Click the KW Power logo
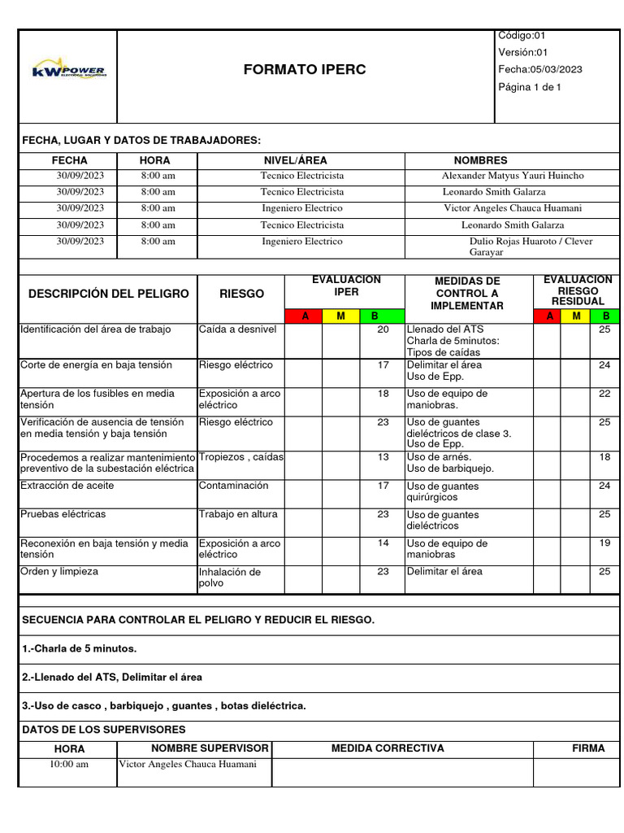pos(68,72)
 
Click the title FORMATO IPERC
pos(305,70)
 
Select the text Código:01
pos(522,36)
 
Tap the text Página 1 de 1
pos(530,87)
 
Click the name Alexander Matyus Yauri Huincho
pos(512,176)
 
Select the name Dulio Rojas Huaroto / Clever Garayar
pos(531,246)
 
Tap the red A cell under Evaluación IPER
pos(305,316)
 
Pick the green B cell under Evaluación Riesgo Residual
pos(605,316)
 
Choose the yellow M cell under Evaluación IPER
pos(341,316)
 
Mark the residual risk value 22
pos(604,394)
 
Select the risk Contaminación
pos(233,486)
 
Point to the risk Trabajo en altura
pos(236,514)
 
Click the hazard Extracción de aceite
pos(67,486)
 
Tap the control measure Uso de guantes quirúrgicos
pos(443,491)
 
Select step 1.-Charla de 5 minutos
pos(80,648)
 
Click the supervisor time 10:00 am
pos(69,765)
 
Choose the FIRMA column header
pos(588,748)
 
